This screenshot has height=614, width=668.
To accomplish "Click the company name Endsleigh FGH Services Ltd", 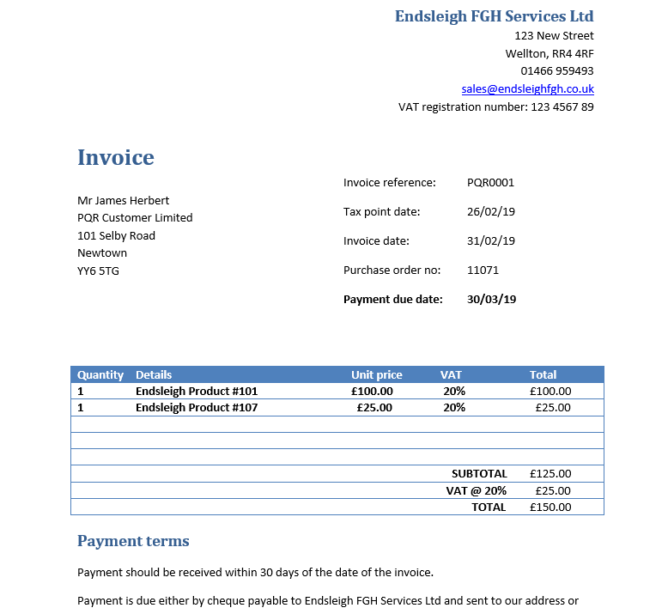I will (494, 16).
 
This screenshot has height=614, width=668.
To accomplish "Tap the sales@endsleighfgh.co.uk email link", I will (527, 89).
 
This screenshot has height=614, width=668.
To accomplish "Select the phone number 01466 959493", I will (556, 71).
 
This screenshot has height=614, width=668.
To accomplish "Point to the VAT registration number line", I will (495, 107).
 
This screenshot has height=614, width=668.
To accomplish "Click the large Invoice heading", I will (116, 158).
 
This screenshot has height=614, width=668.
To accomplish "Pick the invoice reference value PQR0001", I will (490, 183).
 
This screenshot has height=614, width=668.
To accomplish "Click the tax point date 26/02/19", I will (490, 212).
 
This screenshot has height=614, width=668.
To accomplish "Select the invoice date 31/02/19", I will (490, 241).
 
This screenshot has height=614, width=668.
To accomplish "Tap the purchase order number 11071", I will (483, 271).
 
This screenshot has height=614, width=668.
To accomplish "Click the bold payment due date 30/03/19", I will (491, 300).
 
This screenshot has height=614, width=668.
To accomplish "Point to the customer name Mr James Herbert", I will (124, 201).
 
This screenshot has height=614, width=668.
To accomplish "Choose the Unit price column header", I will (376, 375).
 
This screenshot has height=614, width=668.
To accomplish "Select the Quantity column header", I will (100, 375).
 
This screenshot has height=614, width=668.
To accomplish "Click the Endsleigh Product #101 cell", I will (197, 392).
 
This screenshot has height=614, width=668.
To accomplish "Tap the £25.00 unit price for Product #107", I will (374, 408).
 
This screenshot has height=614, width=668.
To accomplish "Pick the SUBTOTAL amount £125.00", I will (550, 474).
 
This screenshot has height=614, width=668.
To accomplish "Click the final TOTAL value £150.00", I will (550, 508).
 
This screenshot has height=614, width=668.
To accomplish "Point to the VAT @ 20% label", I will (477, 491).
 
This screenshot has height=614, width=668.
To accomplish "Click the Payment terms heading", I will (133, 541).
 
